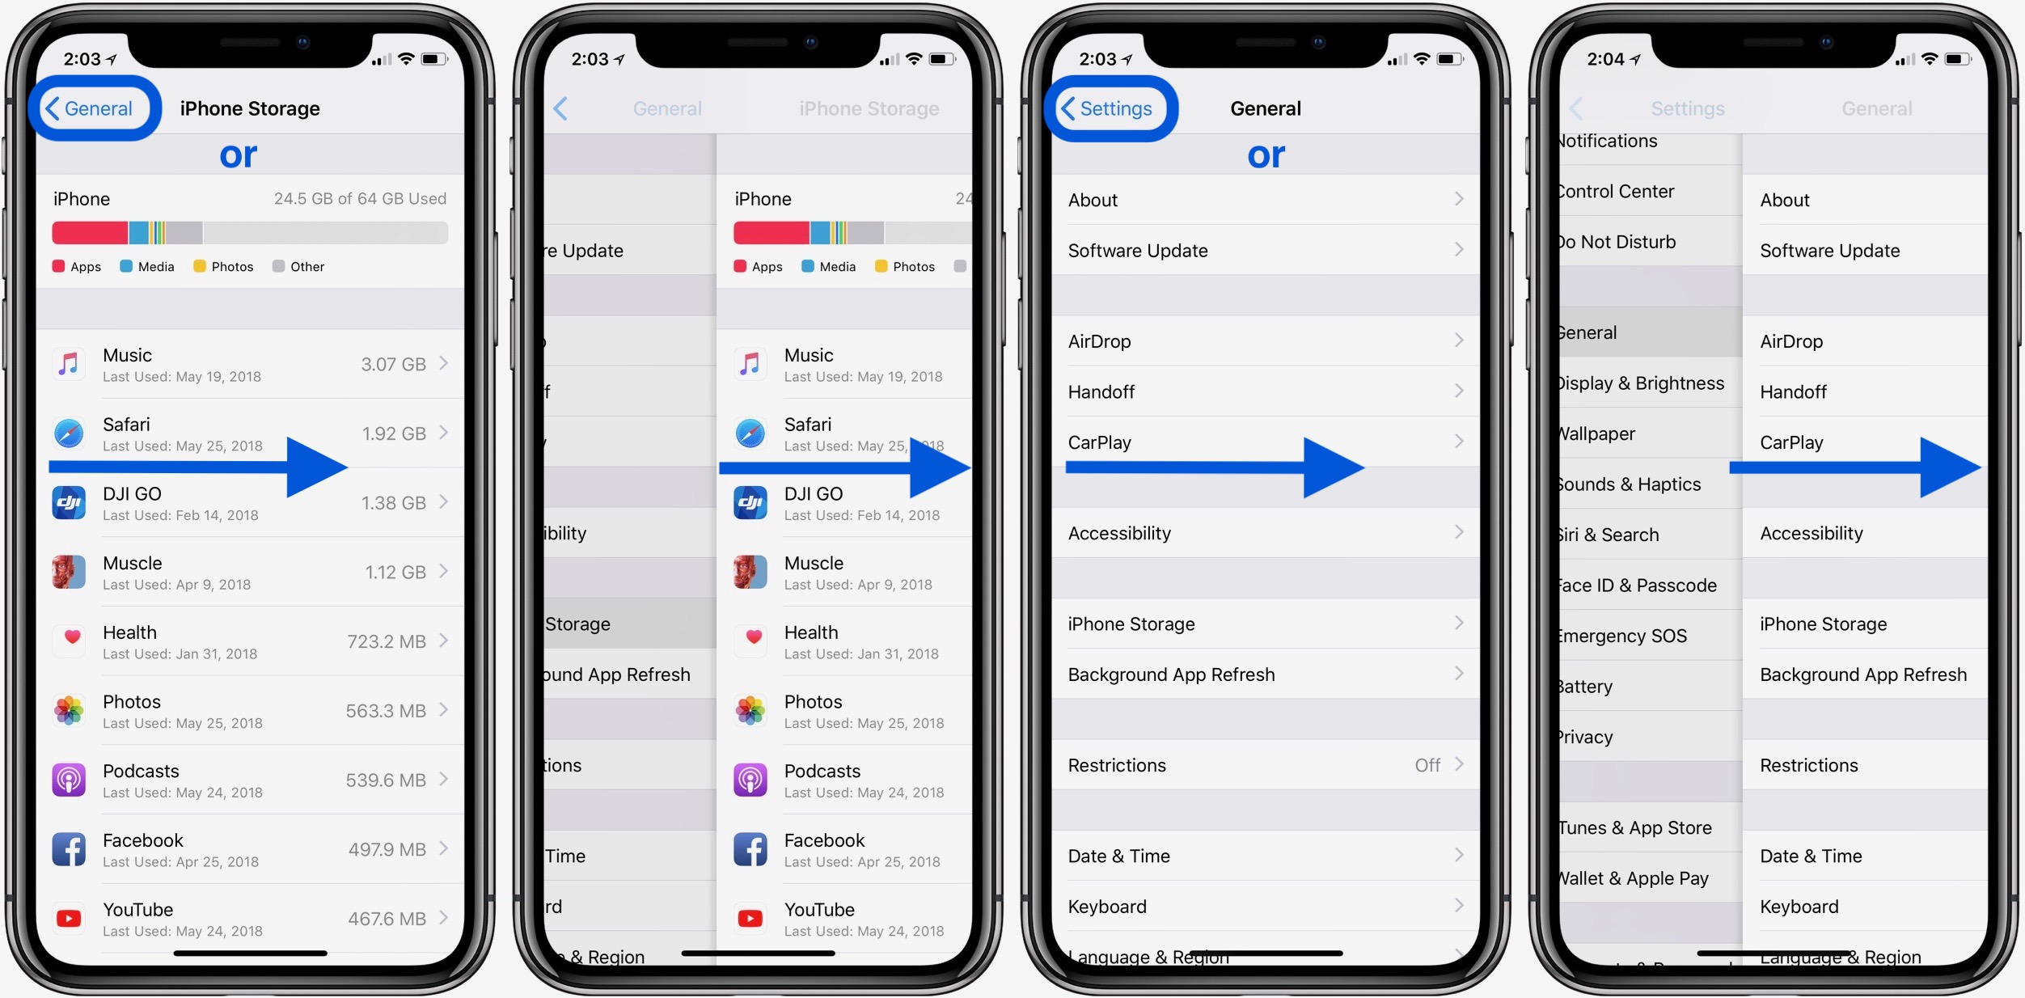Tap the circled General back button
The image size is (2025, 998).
[x=91, y=108]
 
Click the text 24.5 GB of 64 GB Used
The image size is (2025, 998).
[x=360, y=199]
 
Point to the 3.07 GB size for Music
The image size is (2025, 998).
[x=393, y=365]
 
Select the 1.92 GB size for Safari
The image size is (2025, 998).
[x=393, y=434]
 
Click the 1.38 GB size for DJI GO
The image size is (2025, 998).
[x=393, y=503]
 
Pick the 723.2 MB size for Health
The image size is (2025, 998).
[x=386, y=642]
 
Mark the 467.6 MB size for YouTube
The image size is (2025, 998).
[x=387, y=920]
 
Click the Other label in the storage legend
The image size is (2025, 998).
[x=306, y=267]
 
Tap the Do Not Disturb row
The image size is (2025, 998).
[x=1618, y=242]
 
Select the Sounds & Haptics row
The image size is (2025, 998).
[x=1630, y=484]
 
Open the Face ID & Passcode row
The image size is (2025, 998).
[x=1638, y=586]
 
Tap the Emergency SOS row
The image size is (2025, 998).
[x=1623, y=636]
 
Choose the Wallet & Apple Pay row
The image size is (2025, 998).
[x=1634, y=878]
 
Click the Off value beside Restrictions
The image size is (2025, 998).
[x=1427, y=765]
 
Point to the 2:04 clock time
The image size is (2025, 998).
[x=1605, y=59]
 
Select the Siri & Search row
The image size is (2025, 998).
[x=1609, y=535]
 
